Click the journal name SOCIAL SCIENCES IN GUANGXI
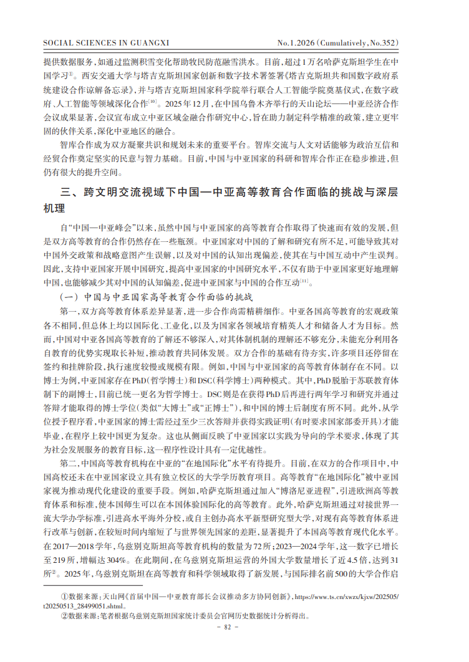103,43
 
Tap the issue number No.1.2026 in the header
296,43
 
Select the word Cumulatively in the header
355,43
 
